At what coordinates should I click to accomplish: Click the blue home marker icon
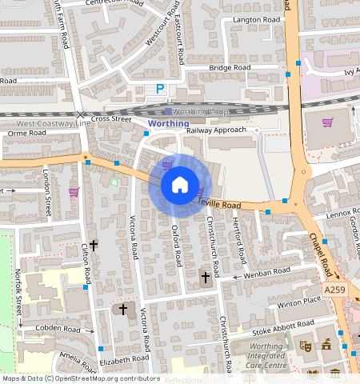coord(180,186)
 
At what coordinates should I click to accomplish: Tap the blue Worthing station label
coord(169,124)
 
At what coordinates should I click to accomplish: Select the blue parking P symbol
coord(160,90)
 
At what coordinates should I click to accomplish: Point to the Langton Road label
coord(254,19)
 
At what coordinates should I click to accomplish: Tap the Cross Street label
coord(110,118)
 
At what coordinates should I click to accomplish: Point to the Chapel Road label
coord(321,250)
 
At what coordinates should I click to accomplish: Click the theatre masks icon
coord(305,346)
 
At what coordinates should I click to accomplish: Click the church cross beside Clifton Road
coord(93,244)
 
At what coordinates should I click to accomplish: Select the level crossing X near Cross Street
coord(80,116)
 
